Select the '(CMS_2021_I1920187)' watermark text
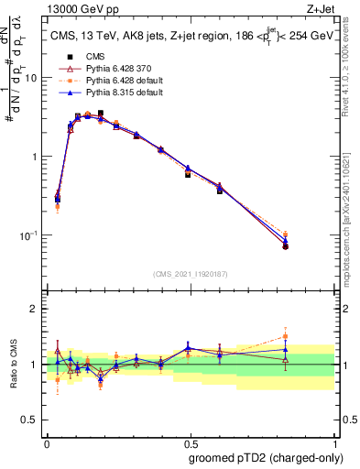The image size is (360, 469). (190, 273)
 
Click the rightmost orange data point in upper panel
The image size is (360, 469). (311, 234)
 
